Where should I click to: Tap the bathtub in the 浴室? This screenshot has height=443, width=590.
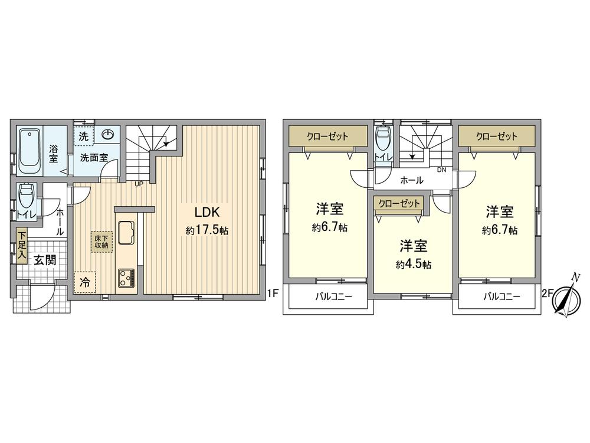click(29, 151)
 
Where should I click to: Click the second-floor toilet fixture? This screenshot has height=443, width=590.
click(382, 139)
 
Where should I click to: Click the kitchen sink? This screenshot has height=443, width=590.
click(126, 232)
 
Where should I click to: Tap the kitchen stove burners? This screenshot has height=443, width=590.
click(126, 278)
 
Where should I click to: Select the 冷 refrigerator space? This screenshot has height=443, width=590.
click(85, 282)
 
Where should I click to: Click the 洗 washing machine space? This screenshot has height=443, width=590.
click(84, 135)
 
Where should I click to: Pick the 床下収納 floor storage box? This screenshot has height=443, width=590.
click(99, 241)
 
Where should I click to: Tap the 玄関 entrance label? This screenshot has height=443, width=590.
click(44, 259)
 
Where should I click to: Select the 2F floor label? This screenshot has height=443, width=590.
click(547, 292)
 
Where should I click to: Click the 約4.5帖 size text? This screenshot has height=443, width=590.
click(413, 264)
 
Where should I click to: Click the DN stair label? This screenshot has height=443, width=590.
click(441, 170)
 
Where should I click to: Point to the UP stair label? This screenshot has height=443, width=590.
click(139, 184)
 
